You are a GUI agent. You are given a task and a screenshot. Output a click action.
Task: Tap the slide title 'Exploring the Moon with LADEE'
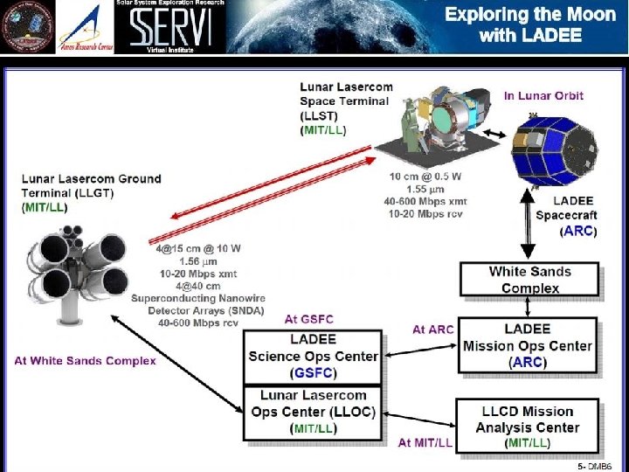point(524,24)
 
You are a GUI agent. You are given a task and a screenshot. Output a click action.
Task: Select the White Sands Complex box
point(530,280)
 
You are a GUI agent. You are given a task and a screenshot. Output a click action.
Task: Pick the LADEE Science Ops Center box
point(314,356)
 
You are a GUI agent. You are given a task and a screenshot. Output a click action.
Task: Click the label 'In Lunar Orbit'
point(543,96)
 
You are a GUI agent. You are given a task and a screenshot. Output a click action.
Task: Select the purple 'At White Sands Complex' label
point(85,360)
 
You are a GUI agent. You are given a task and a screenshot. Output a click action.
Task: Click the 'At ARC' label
point(432,330)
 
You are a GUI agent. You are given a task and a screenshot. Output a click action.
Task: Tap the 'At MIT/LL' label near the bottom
point(425,443)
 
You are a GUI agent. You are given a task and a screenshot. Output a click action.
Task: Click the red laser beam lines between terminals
point(266,197)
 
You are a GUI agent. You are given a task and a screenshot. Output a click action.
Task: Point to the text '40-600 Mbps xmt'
point(428,201)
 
